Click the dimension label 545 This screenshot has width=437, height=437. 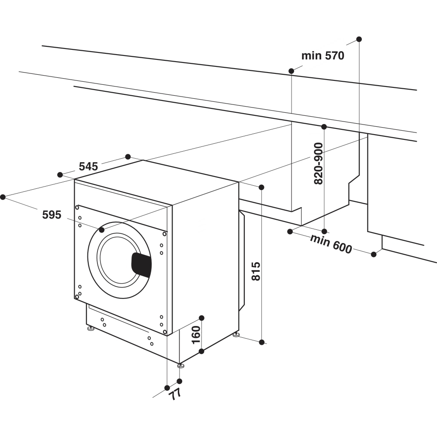point(88,166)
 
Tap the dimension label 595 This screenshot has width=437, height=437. point(52,215)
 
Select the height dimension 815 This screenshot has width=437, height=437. point(256,271)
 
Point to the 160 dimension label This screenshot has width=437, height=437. point(196,334)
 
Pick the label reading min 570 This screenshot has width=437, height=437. point(323,55)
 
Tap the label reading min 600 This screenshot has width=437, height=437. point(331,244)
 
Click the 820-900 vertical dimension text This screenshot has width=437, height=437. point(319,163)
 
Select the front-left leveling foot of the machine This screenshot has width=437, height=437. point(90,328)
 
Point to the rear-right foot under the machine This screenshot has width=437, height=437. point(236,335)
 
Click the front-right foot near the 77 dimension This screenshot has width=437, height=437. point(180,365)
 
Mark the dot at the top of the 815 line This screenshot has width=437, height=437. point(261,187)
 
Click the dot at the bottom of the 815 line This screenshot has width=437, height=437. point(261,342)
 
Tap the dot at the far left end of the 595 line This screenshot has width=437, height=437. point(3,197)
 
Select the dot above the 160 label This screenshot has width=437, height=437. point(201,318)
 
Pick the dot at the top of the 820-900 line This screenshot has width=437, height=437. point(324,127)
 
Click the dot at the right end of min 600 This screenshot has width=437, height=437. point(374,254)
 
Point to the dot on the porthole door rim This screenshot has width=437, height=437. point(102,229)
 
